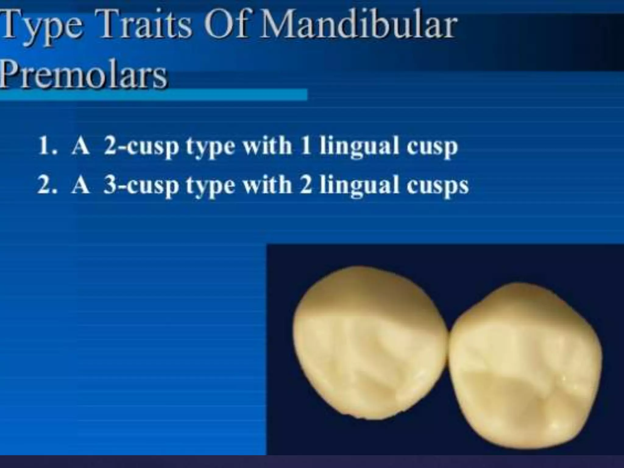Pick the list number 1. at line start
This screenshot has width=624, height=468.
(x=47, y=146)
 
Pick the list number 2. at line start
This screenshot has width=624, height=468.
(x=47, y=185)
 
